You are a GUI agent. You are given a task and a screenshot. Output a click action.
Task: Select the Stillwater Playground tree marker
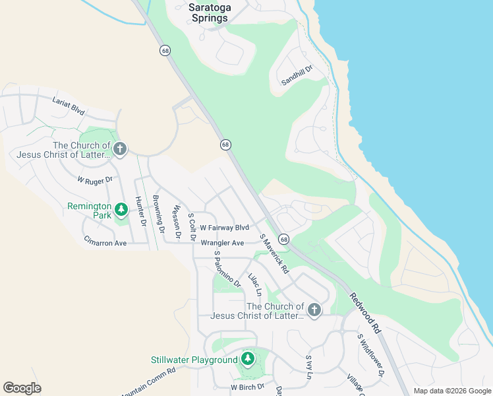(247, 360)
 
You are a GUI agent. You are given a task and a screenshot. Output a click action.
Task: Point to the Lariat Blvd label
(69, 106)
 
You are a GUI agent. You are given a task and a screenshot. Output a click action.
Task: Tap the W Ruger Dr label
(95, 180)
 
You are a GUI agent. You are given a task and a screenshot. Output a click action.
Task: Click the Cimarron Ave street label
(105, 243)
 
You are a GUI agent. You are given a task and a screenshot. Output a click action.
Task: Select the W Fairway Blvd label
(224, 227)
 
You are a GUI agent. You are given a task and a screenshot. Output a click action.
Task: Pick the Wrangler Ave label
(222, 243)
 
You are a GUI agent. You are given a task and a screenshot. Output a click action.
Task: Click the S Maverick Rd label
(274, 254)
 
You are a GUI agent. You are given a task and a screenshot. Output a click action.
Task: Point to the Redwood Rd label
(365, 313)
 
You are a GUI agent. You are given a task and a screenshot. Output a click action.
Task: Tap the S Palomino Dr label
(227, 269)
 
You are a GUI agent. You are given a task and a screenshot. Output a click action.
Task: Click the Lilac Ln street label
(255, 284)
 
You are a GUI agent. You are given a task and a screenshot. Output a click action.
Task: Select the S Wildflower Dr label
(370, 354)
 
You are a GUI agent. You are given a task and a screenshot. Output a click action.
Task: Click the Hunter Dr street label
(140, 211)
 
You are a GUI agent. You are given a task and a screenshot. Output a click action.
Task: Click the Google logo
(22, 388)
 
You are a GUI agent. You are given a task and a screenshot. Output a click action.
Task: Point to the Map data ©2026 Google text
(451, 391)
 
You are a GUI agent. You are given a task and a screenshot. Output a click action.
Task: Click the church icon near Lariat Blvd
(119, 149)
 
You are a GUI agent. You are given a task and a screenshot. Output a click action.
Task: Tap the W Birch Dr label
(247, 387)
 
